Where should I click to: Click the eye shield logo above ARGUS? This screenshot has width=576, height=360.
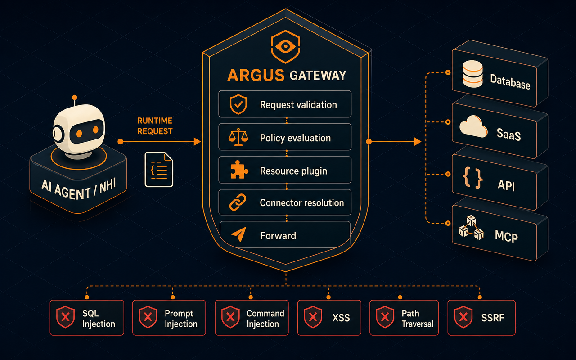click(285, 47)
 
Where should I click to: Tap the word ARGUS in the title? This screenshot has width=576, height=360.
click(256, 75)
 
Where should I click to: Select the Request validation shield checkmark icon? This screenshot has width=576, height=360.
click(238, 104)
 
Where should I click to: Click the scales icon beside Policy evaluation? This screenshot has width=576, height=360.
click(238, 137)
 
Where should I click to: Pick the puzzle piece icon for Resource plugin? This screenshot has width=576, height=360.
click(239, 170)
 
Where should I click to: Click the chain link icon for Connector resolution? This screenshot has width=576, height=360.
click(238, 202)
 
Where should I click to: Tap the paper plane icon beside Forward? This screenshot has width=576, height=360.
click(239, 234)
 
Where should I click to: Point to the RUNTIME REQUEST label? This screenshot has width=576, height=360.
click(155, 126)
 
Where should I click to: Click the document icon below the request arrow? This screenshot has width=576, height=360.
click(159, 170)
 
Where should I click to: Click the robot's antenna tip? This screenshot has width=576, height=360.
click(75, 98)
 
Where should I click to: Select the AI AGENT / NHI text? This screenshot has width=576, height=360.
click(79, 190)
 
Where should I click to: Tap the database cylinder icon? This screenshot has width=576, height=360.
click(472, 74)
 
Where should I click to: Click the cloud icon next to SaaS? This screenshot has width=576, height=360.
click(473, 126)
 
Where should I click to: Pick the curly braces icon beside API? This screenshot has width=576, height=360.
click(472, 178)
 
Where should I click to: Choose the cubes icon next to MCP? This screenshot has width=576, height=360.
click(471, 228)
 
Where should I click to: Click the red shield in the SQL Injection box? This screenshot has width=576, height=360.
click(66, 317)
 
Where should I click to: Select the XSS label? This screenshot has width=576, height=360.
click(341, 318)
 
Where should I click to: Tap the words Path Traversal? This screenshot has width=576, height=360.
click(417, 319)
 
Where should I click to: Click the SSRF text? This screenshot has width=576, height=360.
click(492, 318)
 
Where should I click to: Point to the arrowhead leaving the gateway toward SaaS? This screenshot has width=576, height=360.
click(418, 141)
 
